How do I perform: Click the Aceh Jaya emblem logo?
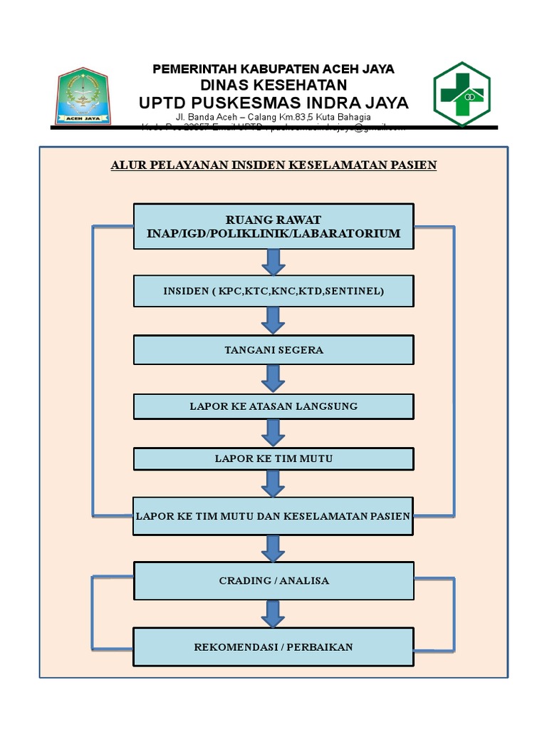83,96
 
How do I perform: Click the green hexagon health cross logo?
462,94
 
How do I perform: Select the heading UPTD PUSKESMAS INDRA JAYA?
273,103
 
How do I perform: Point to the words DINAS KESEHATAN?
273,86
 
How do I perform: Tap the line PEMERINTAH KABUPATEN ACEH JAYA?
273,69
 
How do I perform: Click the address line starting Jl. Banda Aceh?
273,117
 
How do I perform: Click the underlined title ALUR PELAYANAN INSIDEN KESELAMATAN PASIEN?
273,165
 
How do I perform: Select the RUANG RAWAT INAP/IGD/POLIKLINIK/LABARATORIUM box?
273,227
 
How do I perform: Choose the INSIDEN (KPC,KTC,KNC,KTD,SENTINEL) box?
273,292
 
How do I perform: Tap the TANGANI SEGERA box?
273,350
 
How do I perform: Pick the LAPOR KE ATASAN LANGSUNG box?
273,406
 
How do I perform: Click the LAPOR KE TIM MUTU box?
273,459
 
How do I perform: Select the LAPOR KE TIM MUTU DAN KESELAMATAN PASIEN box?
273,516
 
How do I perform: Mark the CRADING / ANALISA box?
273,580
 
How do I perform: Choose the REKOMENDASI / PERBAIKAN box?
273,647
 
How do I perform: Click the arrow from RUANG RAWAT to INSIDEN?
273,262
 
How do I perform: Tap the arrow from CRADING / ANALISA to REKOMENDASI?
273,614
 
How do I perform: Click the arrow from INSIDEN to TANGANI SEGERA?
273,321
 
